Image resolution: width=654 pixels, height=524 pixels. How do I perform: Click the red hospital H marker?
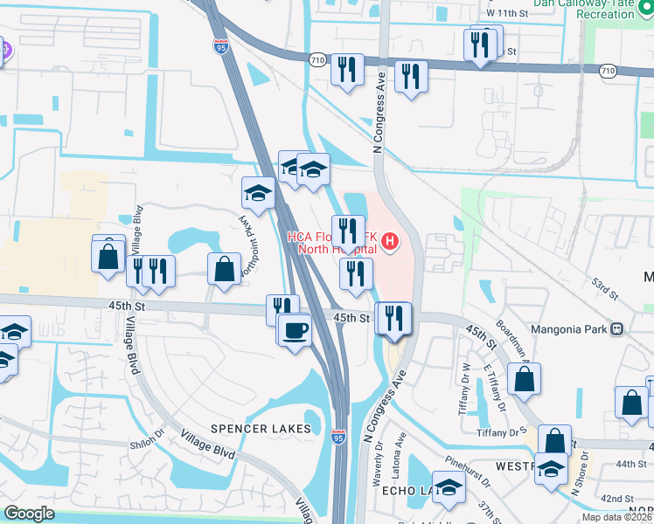390,239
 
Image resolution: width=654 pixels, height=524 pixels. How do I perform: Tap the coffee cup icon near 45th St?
294,331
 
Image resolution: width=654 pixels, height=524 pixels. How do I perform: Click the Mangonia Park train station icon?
617,329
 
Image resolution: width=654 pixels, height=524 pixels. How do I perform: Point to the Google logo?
29,514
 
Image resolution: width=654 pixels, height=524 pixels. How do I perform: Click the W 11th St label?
508,14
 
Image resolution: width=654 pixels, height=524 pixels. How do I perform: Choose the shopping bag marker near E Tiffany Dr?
524,379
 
